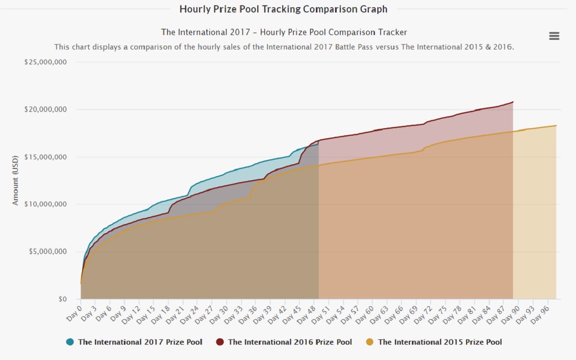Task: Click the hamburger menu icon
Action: pyautogui.click(x=554, y=36)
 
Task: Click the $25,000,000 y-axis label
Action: pyautogui.click(x=46, y=62)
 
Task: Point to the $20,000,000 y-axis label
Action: pyautogui.click(x=46, y=109)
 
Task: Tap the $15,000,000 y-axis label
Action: pyautogui.click(x=46, y=157)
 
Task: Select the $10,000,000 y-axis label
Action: pyautogui.click(x=46, y=204)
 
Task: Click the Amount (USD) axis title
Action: pyautogui.click(x=15, y=180)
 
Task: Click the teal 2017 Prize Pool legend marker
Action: pyautogui.click(x=70, y=342)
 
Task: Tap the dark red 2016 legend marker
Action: pyautogui.click(x=220, y=342)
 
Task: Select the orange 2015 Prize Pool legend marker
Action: pyautogui.click(x=370, y=342)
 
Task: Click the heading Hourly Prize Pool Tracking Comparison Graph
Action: pyautogui.click(x=283, y=9)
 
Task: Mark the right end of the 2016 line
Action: pyautogui.click(x=513, y=102)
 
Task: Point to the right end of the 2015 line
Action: pyautogui.click(x=556, y=126)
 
